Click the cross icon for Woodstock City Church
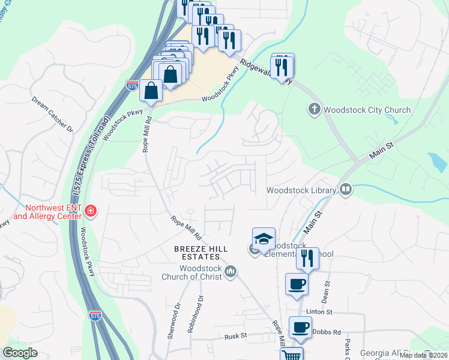click(314, 109)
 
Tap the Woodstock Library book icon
click(345, 190)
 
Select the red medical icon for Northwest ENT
click(90, 211)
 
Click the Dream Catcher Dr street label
click(52, 115)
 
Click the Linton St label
click(319, 312)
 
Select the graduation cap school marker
click(264, 238)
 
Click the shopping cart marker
click(292, 355)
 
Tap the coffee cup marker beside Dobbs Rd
click(301, 328)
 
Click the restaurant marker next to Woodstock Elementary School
click(307, 258)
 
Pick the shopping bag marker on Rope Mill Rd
click(151, 91)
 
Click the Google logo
click(20, 353)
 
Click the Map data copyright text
click(423, 355)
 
